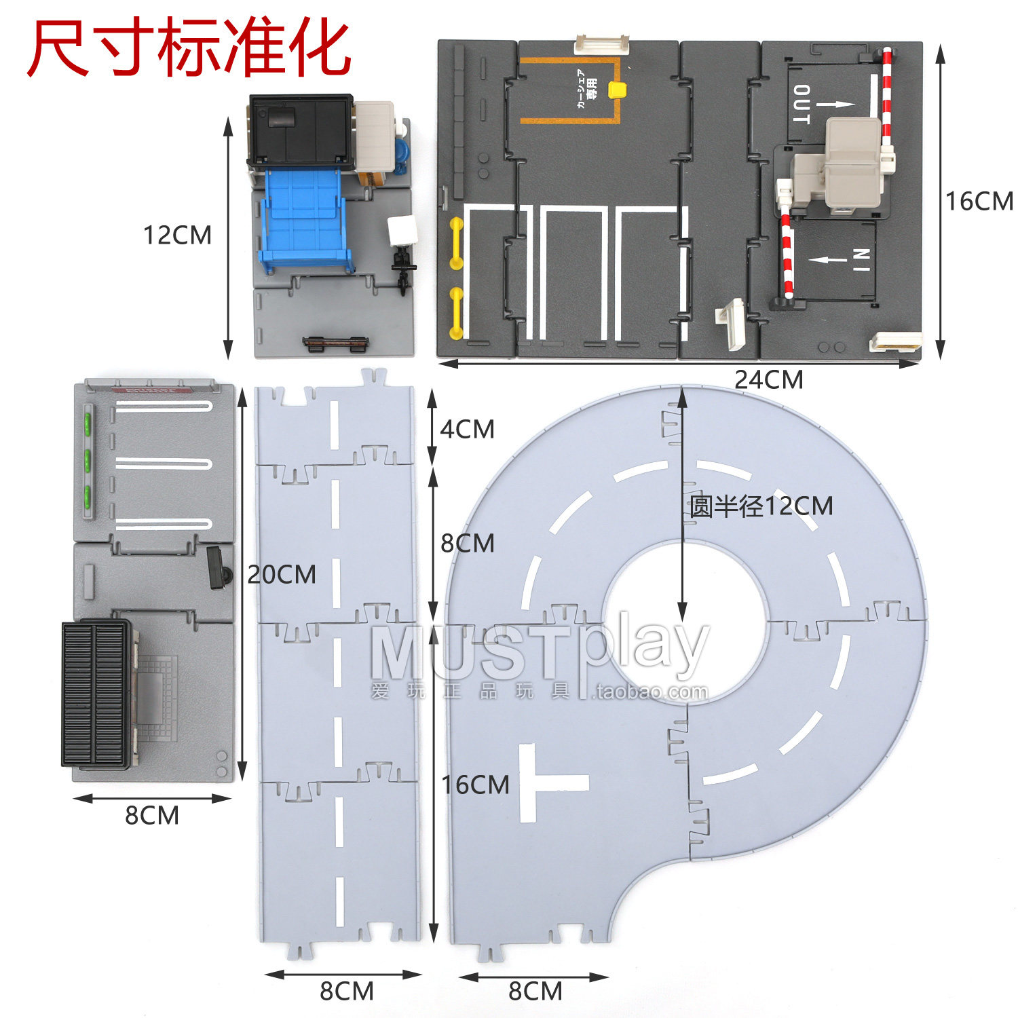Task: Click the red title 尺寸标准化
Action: click(189, 49)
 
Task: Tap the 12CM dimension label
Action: click(177, 235)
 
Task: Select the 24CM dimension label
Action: click(768, 379)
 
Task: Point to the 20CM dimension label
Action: click(281, 575)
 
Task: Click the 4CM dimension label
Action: click(467, 429)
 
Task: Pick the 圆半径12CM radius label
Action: click(761, 506)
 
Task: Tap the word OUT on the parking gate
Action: click(802, 105)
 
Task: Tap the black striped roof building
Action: click(96, 694)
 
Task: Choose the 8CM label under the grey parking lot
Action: click(151, 815)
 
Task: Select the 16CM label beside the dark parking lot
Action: click(979, 201)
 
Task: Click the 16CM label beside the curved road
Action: click(475, 785)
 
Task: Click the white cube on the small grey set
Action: click(402, 229)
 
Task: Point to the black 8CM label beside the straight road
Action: click(467, 543)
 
